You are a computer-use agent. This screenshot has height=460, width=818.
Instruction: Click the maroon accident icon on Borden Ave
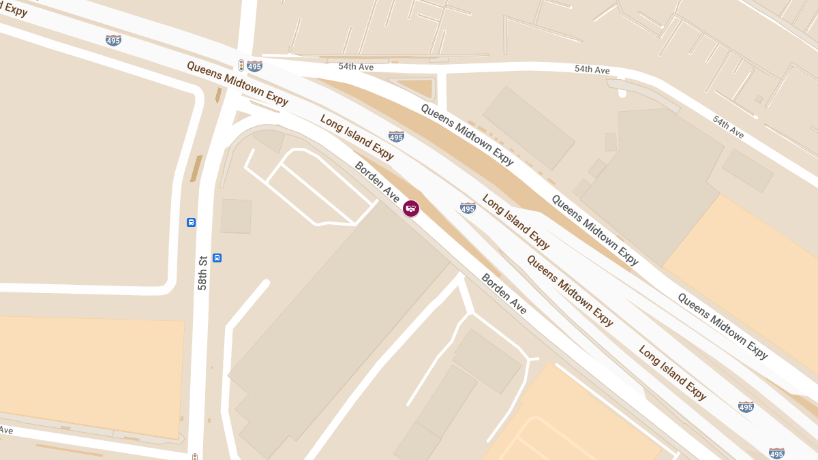pyautogui.click(x=411, y=208)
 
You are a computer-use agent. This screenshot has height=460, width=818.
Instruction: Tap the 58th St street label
pyautogui.click(x=202, y=273)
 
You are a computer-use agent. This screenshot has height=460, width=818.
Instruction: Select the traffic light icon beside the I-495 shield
pyautogui.click(x=241, y=65)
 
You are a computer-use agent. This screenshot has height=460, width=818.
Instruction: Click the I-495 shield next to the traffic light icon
pyautogui.click(x=254, y=66)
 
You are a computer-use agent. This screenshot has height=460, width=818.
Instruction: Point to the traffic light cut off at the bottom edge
pyautogui.click(x=195, y=457)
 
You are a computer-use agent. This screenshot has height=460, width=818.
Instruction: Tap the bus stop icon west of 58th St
pyautogui.click(x=191, y=222)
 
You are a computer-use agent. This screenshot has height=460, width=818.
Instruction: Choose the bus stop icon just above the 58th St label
pyautogui.click(x=217, y=258)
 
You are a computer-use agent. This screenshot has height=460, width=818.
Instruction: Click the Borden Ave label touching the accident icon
pyautogui.click(x=377, y=182)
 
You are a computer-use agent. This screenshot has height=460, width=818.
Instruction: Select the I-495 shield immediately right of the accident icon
pyautogui.click(x=468, y=208)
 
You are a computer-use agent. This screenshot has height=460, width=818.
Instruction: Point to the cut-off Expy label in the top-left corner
pyautogui.click(x=14, y=8)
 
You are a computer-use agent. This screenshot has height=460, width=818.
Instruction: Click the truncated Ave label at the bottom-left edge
pyautogui.click(x=5, y=430)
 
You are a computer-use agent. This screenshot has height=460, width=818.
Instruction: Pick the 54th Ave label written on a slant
pyautogui.click(x=728, y=127)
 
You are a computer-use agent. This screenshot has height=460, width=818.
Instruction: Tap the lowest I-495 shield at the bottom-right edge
pyautogui.click(x=776, y=453)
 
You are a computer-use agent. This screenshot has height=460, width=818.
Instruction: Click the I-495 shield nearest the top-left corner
pyautogui.click(x=114, y=40)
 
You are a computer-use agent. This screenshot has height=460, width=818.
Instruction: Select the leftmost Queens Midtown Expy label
pyautogui.click(x=237, y=83)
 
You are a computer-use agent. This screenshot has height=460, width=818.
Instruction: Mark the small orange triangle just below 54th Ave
pyautogui.click(x=416, y=87)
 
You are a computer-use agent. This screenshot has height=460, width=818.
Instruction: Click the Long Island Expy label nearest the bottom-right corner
pyautogui.click(x=672, y=372)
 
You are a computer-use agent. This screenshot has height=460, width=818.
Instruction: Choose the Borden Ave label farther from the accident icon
pyautogui.click(x=504, y=294)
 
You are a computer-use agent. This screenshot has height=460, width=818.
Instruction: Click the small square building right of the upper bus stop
pyautogui.click(x=236, y=216)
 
